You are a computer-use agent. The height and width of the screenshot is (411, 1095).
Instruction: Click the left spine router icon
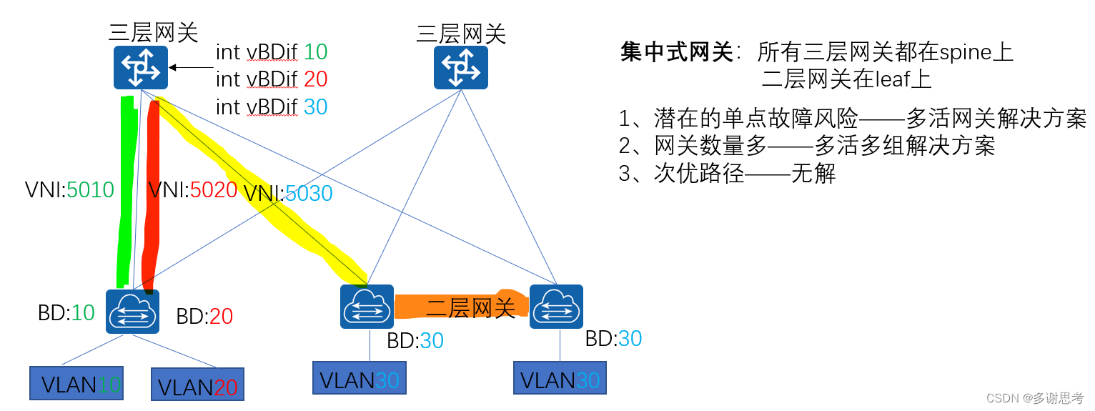click(140, 67)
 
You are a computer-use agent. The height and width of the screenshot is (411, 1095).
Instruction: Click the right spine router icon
click(460, 67)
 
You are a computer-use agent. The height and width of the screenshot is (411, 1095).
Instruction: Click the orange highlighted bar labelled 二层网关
click(461, 307)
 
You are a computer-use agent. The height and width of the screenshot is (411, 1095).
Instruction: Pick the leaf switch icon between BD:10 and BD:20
click(132, 311)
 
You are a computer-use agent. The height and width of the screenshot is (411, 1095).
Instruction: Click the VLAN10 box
click(76, 384)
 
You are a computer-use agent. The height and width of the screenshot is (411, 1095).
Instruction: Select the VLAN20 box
click(197, 386)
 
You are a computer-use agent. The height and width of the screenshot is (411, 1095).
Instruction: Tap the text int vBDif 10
click(272, 52)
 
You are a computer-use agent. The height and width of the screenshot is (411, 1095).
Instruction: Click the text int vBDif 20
click(272, 79)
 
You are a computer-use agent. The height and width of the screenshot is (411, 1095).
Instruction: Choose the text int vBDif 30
click(272, 107)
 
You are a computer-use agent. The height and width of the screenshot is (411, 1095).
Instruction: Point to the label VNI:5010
click(69, 190)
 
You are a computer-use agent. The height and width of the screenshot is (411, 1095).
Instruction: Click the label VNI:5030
click(288, 193)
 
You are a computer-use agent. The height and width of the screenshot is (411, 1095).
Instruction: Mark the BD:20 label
click(204, 317)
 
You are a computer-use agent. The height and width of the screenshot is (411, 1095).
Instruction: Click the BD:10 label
click(66, 313)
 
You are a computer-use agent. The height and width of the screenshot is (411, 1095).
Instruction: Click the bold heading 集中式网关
click(676, 52)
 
